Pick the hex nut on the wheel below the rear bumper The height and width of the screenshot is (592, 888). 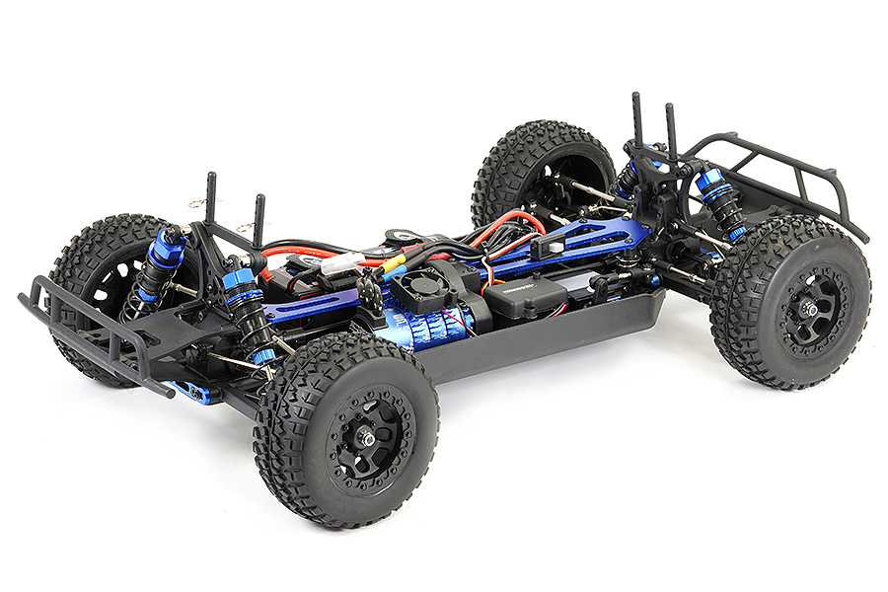[x=809, y=309]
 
